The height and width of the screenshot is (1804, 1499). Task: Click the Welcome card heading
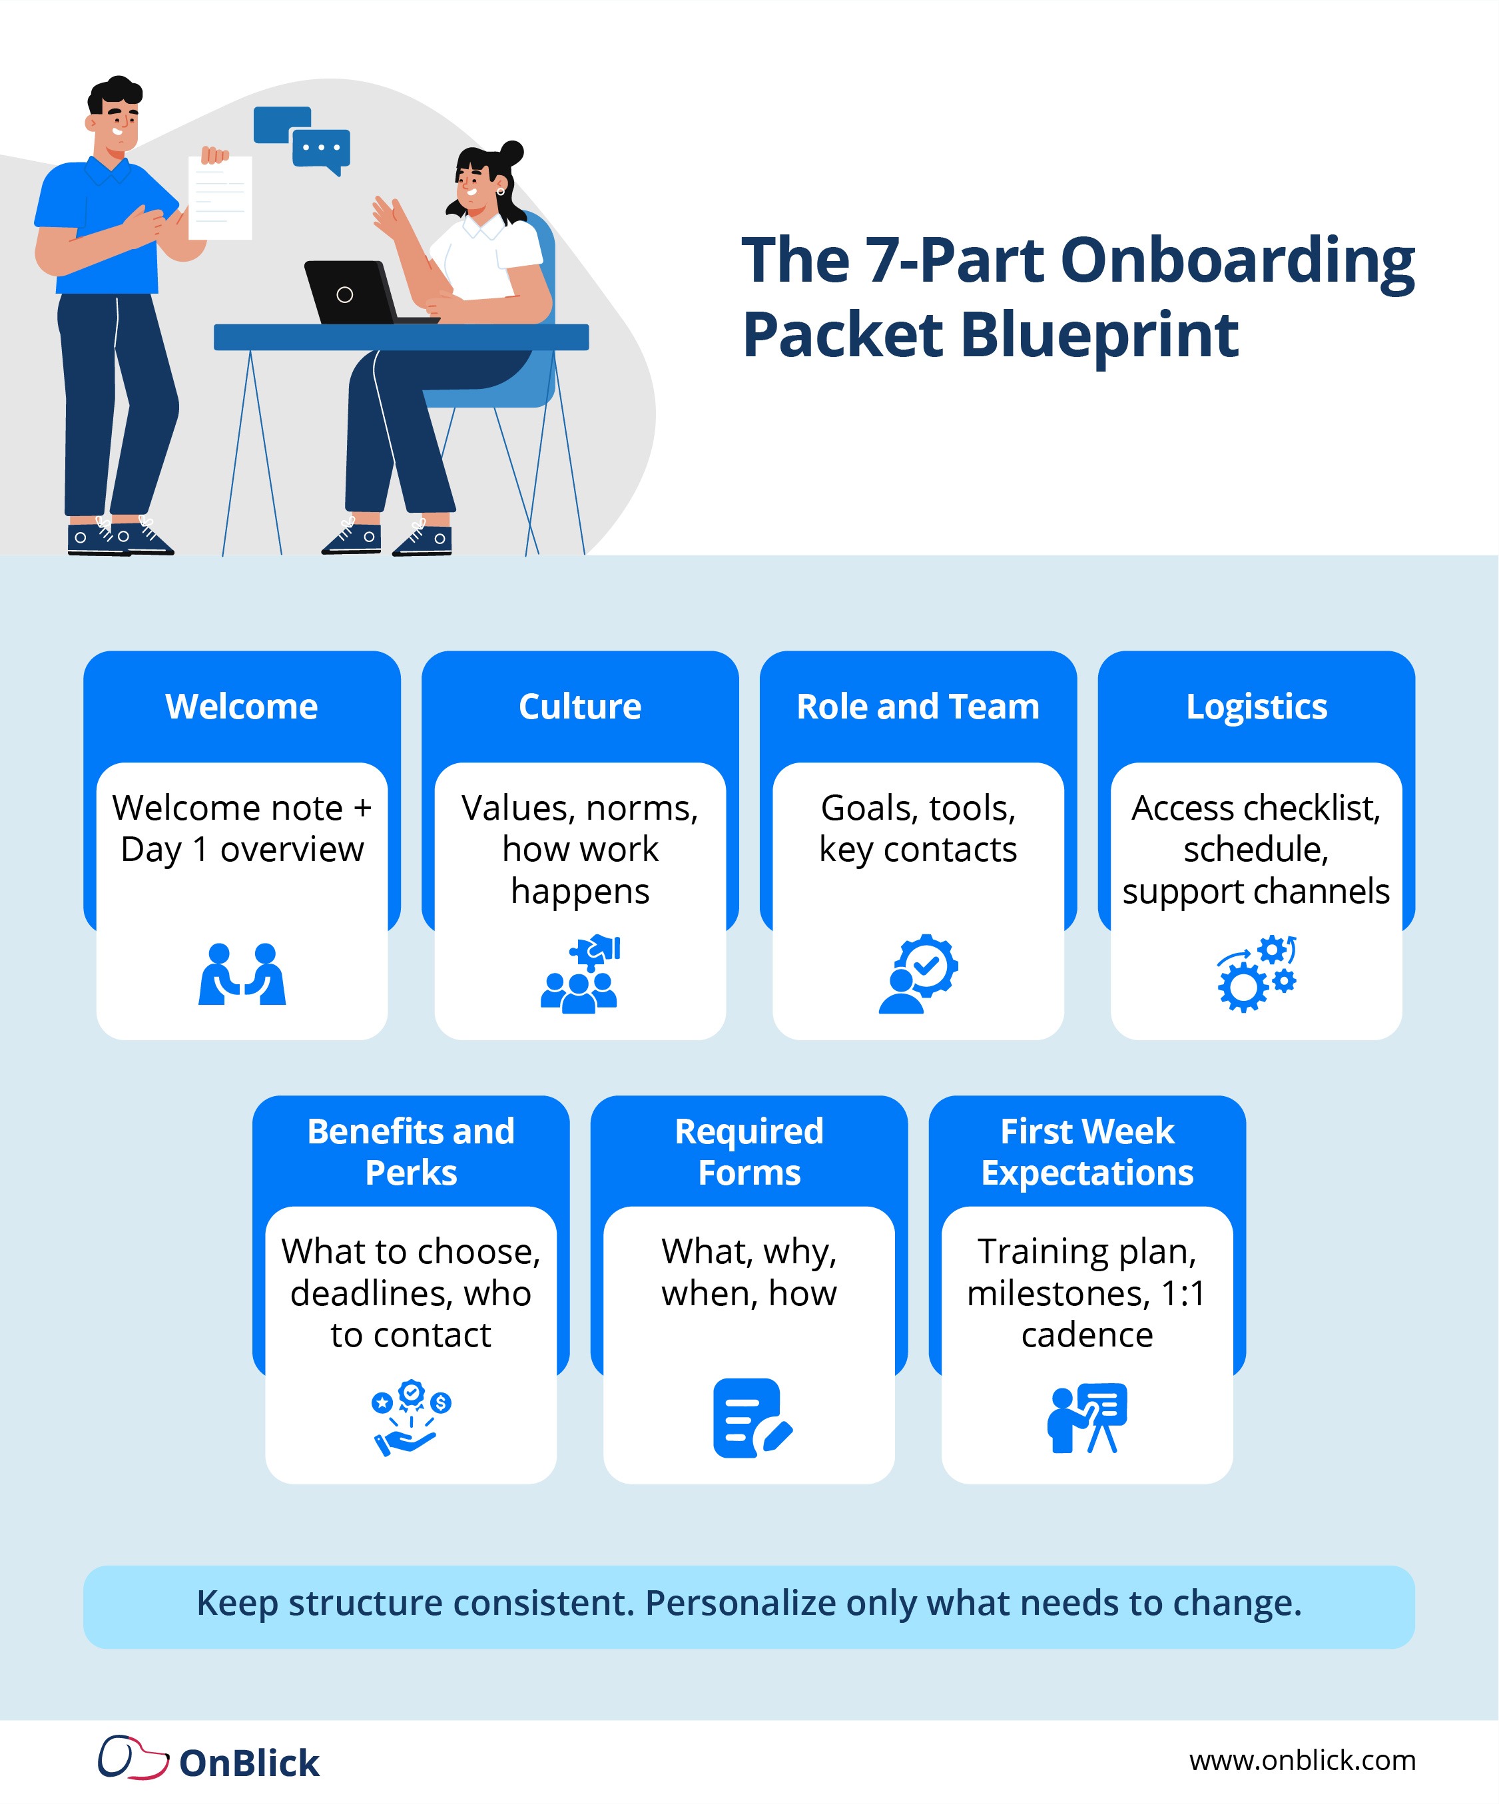tap(241, 706)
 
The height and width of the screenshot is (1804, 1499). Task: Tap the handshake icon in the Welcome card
tap(241, 974)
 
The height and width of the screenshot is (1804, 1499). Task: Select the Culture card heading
tap(580, 706)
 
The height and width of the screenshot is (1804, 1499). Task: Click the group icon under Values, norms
tap(580, 974)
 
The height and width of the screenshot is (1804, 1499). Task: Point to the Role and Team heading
tap(918, 706)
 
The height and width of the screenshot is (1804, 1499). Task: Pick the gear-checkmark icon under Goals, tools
tap(918, 974)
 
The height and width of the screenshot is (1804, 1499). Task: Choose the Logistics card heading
tap(1256, 706)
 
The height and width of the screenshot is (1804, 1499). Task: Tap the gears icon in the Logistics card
tap(1256, 974)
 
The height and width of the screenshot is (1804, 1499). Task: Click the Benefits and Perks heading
tap(411, 1151)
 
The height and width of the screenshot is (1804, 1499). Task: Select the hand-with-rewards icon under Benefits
tap(411, 1417)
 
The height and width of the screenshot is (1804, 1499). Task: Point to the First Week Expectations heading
tap(1087, 1151)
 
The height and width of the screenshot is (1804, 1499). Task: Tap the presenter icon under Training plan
tap(1087, 1417)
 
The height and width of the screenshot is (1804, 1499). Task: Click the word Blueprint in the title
tap(1099, 335)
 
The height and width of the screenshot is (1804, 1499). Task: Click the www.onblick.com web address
tap(1301, 1760)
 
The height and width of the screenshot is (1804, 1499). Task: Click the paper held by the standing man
tap(220, 198)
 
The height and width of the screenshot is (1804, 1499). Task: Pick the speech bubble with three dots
tap(321, 149)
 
